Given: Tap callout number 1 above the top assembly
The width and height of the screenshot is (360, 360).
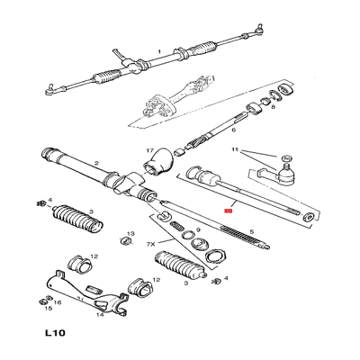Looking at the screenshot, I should tap(159, 51).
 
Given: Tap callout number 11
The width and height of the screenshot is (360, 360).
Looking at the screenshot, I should tap(236, 150).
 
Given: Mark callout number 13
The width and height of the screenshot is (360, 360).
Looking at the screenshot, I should tap(131, 234).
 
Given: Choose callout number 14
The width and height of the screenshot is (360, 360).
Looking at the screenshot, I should tap(99, 314).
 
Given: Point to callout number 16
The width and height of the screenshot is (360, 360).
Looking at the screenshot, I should tap(58, 303).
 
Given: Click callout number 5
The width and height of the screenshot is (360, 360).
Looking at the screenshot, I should tap(253, 232).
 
